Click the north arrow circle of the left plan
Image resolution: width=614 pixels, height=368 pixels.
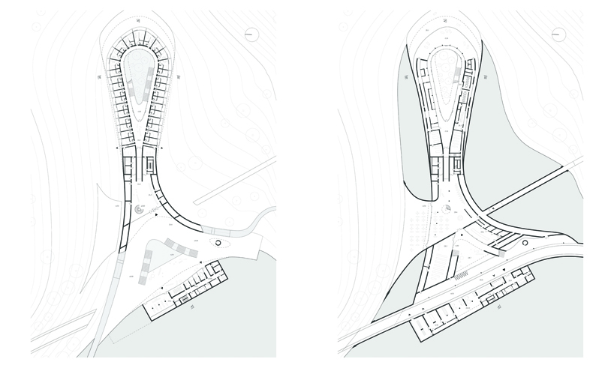[251, 33]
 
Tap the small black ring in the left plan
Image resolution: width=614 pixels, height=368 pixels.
[219, 243]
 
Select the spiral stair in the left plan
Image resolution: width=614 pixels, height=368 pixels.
[140, 212]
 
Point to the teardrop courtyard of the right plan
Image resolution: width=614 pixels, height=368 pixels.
[448, 75]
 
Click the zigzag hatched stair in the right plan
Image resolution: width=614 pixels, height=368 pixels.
[455, 277]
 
